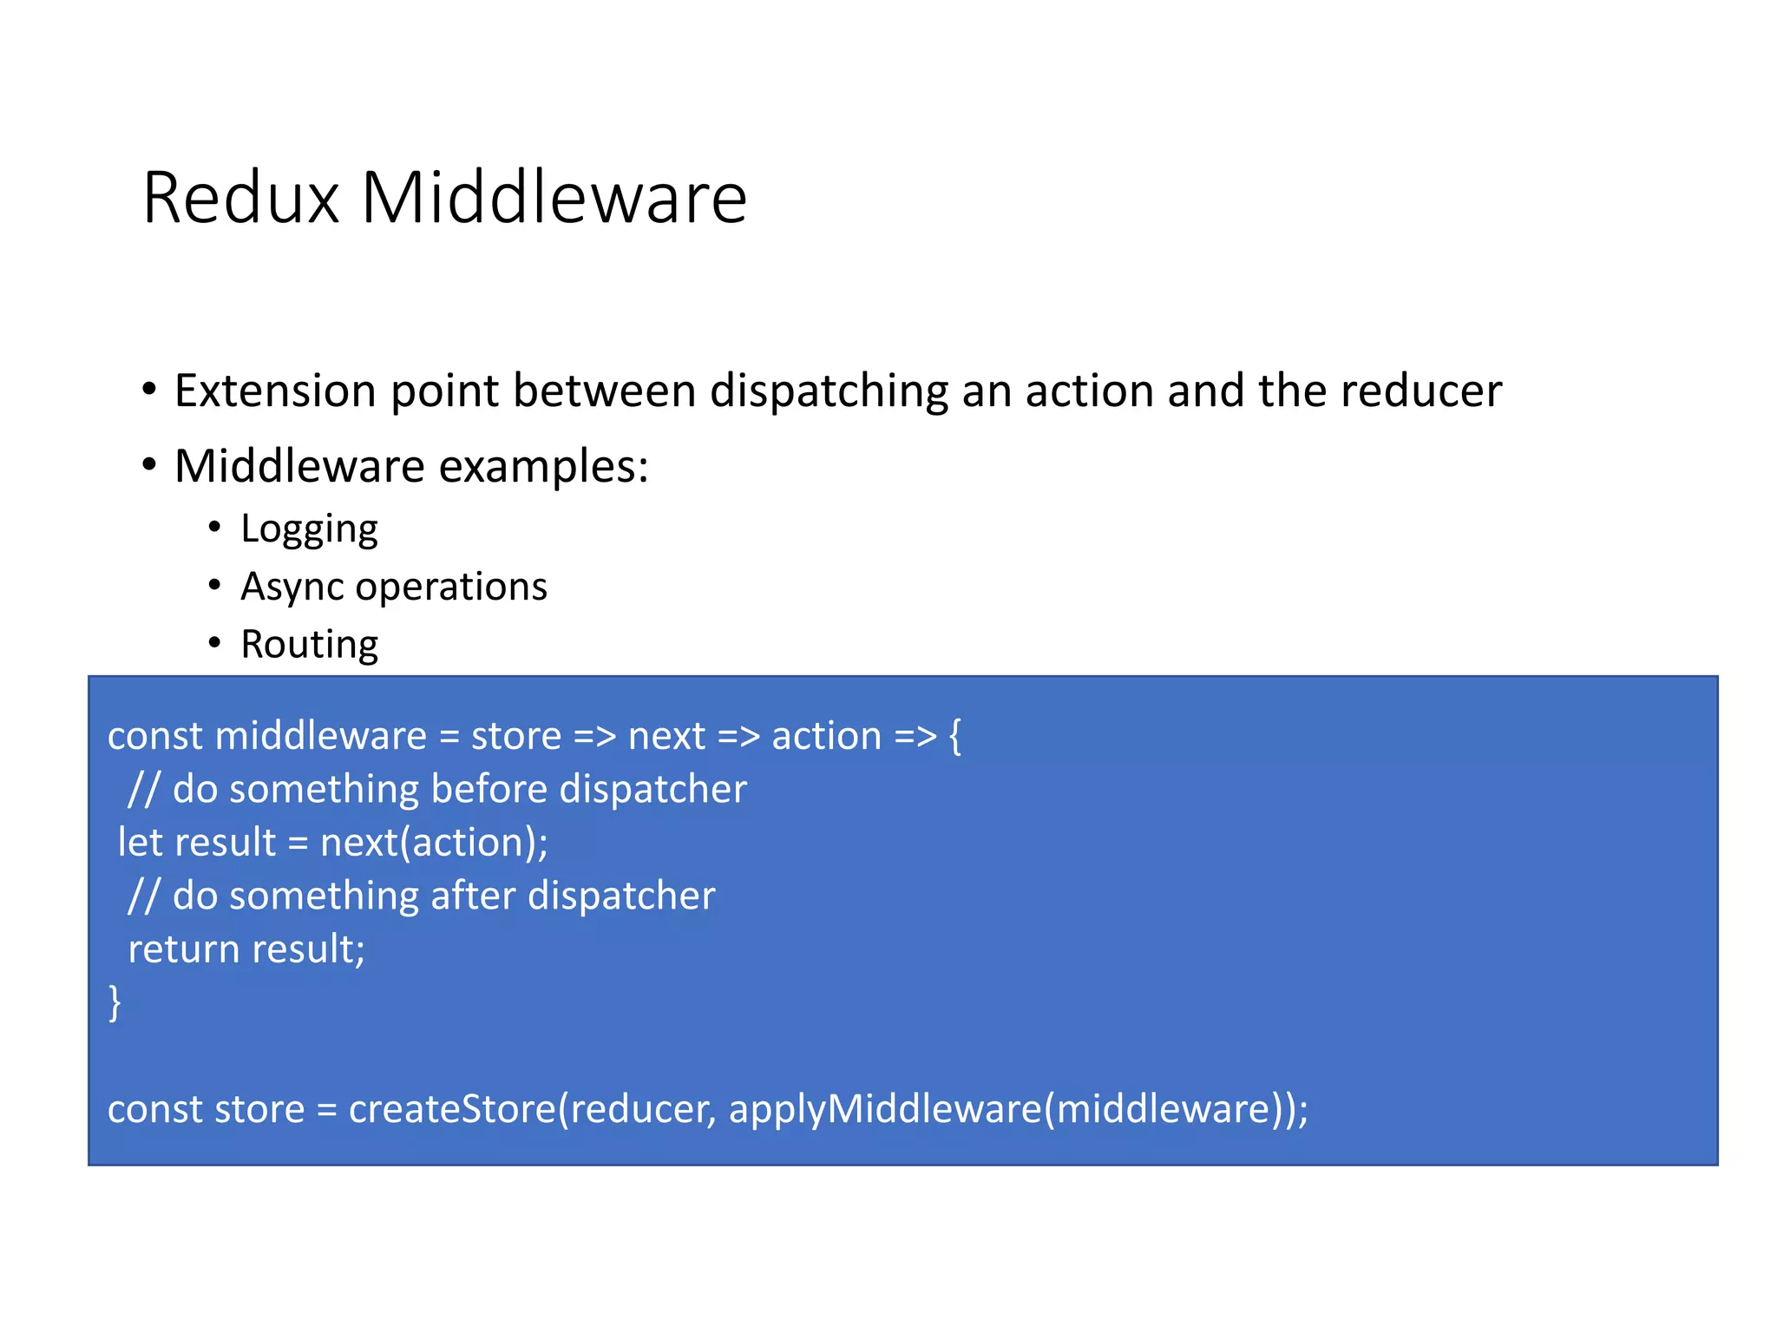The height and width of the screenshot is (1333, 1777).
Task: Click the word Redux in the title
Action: (x=240, y=198)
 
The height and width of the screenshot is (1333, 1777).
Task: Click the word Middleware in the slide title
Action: (x=554, y=198)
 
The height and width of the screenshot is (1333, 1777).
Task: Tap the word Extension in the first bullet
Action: (x=274, y=391)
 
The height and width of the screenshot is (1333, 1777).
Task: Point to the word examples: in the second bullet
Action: (x=544, y=467)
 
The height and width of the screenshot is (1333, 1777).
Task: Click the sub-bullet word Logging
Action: (x=309, y=529)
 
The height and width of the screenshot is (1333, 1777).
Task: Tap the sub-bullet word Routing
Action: (x=309, y=644)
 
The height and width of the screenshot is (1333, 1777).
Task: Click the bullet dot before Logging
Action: (x=214, y=527)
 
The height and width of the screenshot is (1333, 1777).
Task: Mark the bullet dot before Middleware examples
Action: (x=149, y=465)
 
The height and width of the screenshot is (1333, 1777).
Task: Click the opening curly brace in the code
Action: (x=955, y=736)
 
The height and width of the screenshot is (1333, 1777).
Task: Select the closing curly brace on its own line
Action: (x=115, y=1002)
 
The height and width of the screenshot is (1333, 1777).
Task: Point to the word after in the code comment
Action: (x=474, y=896)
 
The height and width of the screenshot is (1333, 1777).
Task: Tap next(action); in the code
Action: (x=434, y=843)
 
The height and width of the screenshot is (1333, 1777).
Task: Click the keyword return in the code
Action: (x=183, y=949)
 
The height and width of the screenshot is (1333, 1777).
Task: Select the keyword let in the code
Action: (x=140, y=843)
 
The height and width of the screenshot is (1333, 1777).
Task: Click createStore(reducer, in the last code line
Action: (x=532, y=1109)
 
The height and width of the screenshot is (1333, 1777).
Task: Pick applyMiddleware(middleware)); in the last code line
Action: (x=1018, y=1109)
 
